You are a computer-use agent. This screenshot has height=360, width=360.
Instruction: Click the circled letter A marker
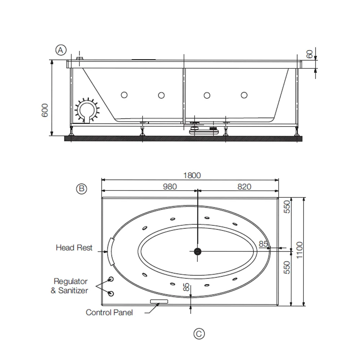pyautogui.click(x=61, y=50)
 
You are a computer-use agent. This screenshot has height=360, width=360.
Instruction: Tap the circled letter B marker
pyautogui.click(x=81, y=189)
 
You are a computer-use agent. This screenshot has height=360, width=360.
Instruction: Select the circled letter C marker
pyautogui.click(x=199, y=334)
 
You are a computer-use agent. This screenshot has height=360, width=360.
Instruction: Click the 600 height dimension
pyautogui.click(x=45, y=110)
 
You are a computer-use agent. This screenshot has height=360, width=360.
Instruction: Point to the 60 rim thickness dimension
pyautogui.click(x=310, y=54)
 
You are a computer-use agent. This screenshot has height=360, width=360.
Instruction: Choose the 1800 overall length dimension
pyautogui.click(x=192, y=175)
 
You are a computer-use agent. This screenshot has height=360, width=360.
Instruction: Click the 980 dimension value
pyautogui.click(x=170, y=186)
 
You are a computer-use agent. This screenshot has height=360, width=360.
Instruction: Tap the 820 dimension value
pyautogui.click(x=244, y=186)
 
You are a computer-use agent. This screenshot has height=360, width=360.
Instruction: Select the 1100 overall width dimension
pyautogui.click(x=300, y=250)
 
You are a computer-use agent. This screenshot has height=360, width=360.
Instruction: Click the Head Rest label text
pyautogui.click(x=74, y=248)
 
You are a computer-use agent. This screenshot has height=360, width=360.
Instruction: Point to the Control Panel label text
pyautogui.click(x=109, y=312)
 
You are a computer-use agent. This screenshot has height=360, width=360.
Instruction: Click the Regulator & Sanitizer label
pyautogui.click(x=69, y=286)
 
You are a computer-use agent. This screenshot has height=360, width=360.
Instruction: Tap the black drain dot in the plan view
pyautogui.click(x=197, y=251)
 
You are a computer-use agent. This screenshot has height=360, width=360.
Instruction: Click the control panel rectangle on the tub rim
pyautogui.click(x=159, y=301)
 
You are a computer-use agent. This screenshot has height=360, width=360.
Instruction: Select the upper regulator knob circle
pyautogui.click(x=111, y=279)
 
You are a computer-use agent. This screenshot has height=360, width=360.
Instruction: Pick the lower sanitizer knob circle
pyautogui.click(x=111, y=294)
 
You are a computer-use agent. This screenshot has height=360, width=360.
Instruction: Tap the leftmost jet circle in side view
pyautogui.click(x=124, y=95)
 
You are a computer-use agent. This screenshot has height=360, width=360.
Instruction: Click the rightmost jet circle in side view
pyautogui.click(x=244, y=95)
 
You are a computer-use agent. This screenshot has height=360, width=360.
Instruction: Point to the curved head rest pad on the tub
pyautogui.click(x=111, y=252)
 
